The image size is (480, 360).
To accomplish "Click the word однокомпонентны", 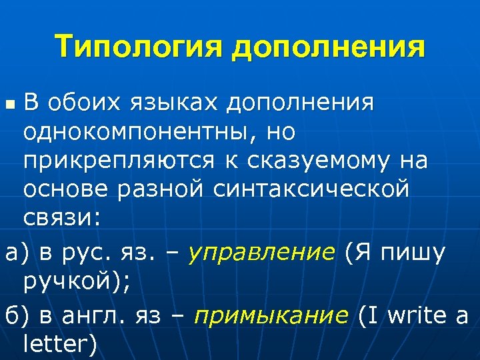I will click(x=133, y=133).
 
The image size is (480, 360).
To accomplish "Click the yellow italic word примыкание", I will click(x=271, y=315).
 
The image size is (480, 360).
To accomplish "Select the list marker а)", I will click(x=14, y=254).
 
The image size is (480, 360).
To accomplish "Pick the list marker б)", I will click(x=14, y=315).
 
